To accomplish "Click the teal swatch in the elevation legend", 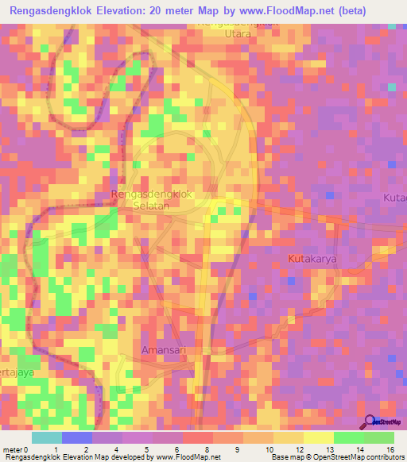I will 46,437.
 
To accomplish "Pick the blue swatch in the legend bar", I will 76,437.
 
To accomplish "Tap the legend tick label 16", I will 390,449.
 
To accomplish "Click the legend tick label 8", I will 207,449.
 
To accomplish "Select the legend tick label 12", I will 299,449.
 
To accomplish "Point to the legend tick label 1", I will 56,449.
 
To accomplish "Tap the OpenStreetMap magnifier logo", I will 370,422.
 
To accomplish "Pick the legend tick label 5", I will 147,449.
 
